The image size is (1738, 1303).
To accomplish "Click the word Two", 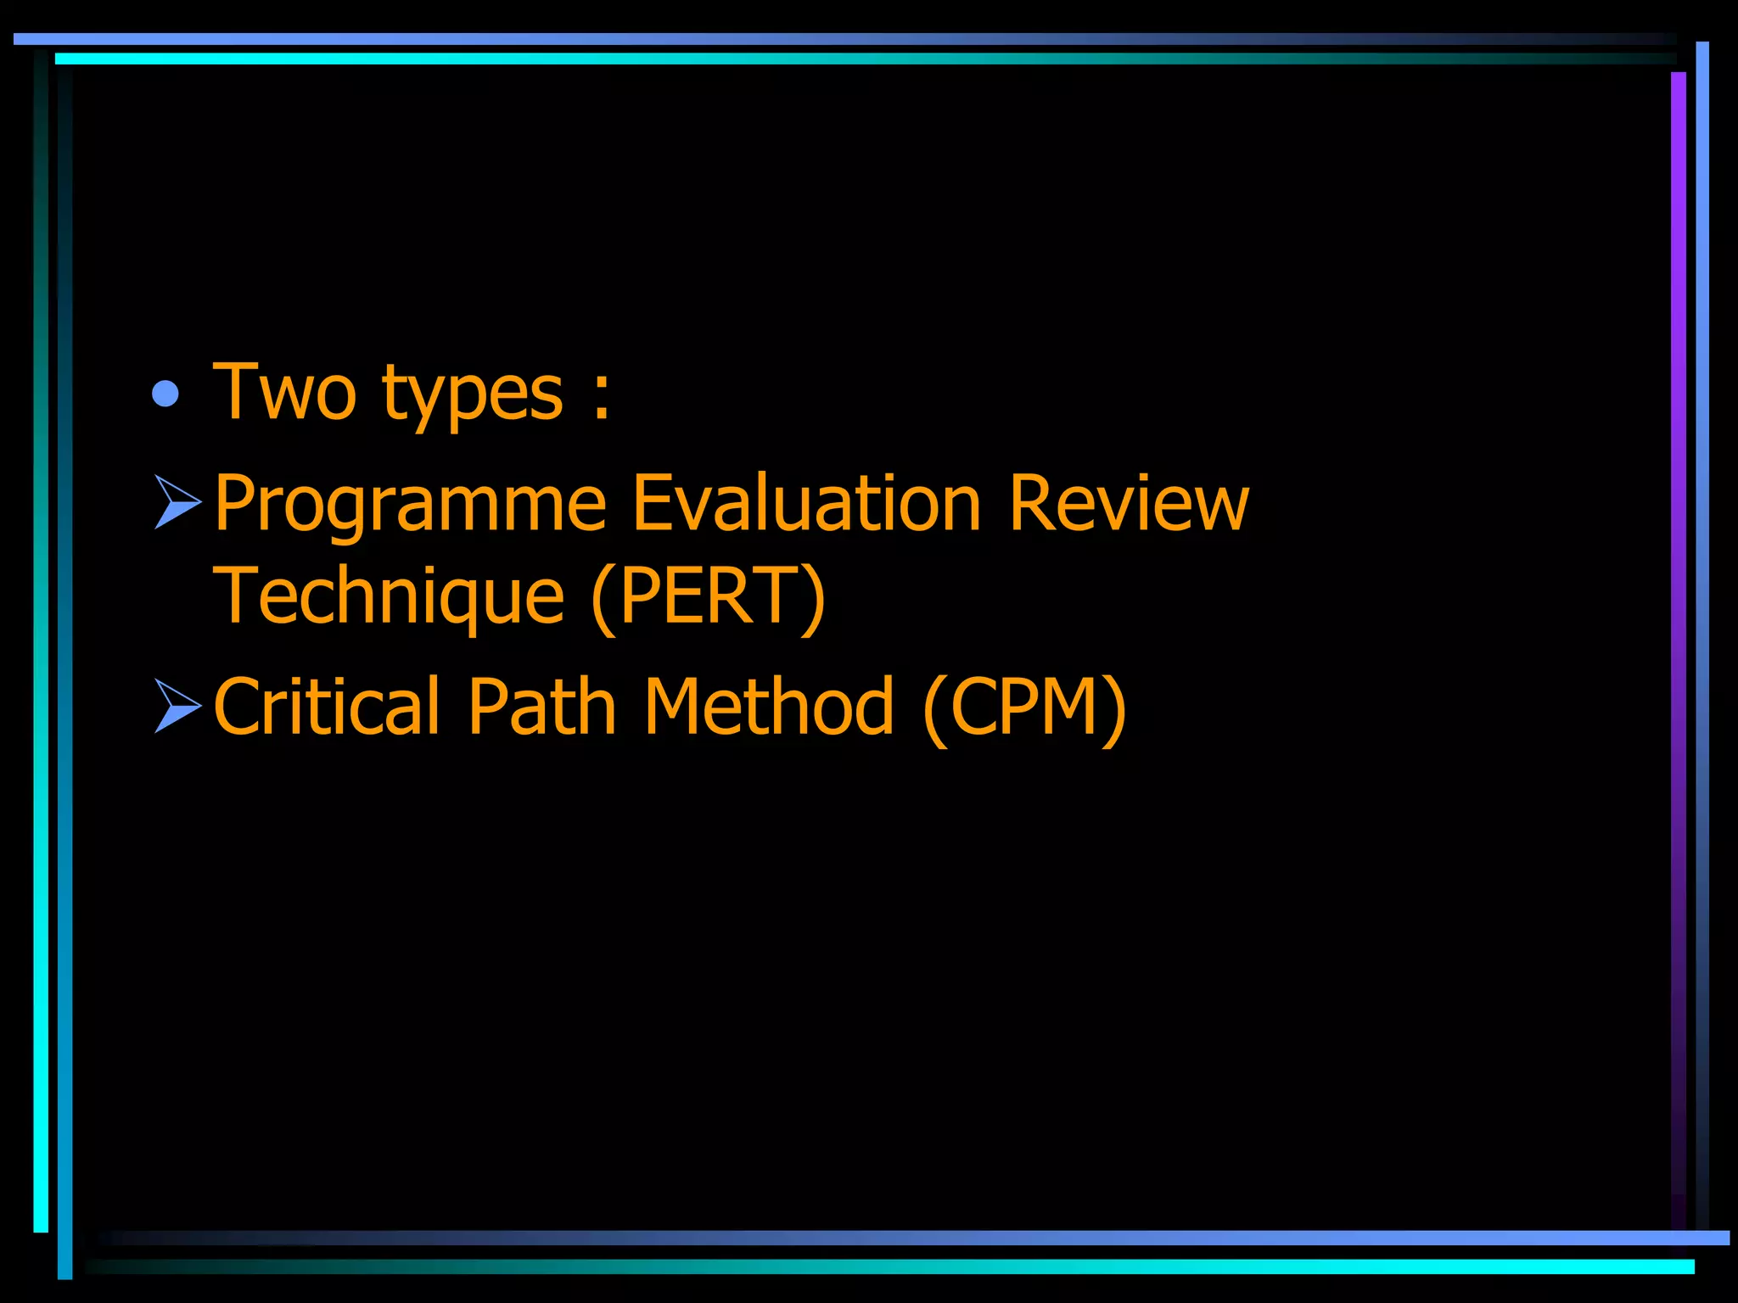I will pos(284,392).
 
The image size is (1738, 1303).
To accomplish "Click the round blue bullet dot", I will pos(165,394).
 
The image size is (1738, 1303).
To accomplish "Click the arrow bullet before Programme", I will pos(178,502).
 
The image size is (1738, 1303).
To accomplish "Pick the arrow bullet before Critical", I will pos(178,706).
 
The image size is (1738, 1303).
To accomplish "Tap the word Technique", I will pos(389,597).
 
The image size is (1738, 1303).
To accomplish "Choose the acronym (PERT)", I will pos(708,597).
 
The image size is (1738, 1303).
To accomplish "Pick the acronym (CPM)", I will pos(1025,707).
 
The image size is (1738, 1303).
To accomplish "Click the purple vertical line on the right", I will pos(1678,594).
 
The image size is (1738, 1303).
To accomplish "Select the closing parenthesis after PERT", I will pos(812,599).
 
